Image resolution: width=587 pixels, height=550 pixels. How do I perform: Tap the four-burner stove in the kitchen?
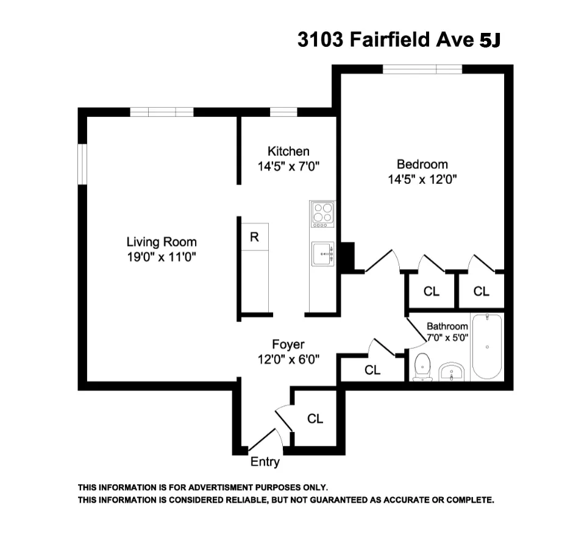coord(322,214)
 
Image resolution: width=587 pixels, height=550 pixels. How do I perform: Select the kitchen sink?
coord(322,253)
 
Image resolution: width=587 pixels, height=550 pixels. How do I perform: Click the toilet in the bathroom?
coord(422,368)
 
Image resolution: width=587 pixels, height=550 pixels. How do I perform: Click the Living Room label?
coord(162,241)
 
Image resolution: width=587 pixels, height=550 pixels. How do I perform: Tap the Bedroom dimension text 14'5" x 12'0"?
coord(422,179)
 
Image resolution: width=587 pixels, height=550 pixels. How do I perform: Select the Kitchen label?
coord(288,151)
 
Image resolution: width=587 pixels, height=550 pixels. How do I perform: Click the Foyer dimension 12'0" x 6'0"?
coord(288,359)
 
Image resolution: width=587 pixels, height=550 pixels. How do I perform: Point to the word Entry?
coord(265,462)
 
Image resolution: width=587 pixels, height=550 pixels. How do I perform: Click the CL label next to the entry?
coord(315,418)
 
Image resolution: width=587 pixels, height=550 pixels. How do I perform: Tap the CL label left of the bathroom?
coord(372,370)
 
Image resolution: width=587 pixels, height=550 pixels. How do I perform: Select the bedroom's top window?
coord(422,69)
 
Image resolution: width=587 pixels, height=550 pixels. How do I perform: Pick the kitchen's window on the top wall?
coord(283,112)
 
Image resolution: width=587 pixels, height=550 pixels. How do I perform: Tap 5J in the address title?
coord(490,40)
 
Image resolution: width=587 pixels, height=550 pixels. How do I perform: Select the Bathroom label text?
coord(447,326)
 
